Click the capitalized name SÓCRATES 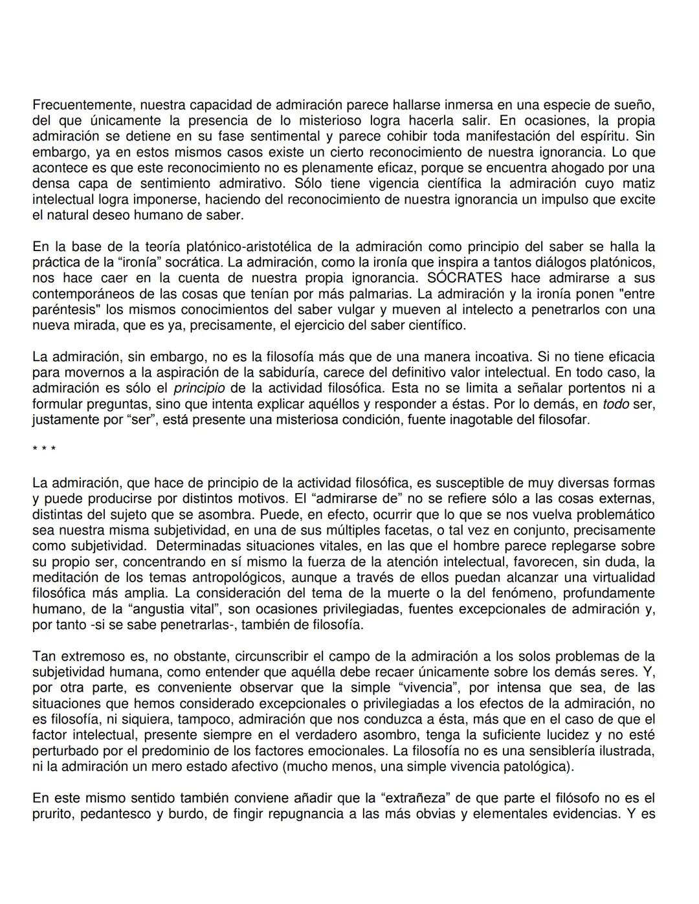click(x=465, y=278)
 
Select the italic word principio click(x=199, y=388)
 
